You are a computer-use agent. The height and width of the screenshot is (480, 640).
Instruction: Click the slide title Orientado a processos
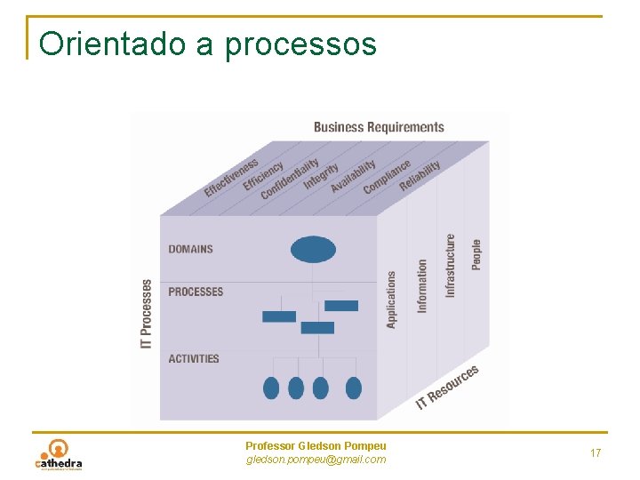208,43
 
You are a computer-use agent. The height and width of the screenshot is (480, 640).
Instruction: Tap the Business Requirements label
379,127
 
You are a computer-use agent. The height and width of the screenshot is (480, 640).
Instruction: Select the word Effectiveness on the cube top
231,177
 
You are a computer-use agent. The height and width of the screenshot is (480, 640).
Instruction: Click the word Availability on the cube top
353,176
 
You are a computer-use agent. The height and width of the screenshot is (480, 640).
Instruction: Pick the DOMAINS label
191,249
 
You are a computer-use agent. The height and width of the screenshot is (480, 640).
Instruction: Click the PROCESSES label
196,292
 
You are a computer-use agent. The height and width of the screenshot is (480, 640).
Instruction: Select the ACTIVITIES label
194,359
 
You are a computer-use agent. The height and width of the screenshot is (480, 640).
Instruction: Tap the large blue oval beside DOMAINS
313,249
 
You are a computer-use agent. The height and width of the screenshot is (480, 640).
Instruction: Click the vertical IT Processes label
147,314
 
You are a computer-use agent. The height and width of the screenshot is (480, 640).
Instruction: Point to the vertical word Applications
392,300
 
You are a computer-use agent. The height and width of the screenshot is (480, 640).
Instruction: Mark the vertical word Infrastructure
451,265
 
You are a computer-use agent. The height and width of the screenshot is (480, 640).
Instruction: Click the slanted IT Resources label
448,388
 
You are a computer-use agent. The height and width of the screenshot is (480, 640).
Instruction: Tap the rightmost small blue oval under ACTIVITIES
354,388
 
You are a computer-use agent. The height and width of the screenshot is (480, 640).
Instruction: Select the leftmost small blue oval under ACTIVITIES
272,388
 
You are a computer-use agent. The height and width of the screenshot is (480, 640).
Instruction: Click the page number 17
596,453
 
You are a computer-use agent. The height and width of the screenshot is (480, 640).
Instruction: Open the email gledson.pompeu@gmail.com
316,460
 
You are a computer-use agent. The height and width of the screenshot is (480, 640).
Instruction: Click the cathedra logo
59,454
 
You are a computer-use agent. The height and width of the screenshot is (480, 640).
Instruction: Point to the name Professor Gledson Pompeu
316,445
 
